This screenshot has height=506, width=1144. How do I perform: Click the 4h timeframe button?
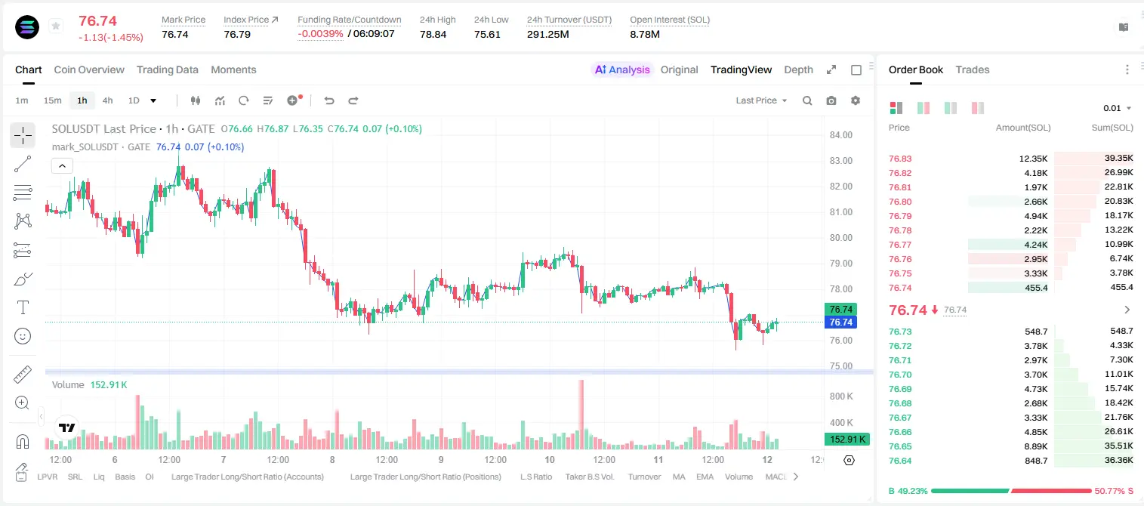point(107,100)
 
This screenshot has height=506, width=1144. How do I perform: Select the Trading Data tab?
point(168,69)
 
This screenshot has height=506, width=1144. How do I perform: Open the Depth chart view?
point(798,69)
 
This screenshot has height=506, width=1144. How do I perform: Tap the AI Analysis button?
point(622,69)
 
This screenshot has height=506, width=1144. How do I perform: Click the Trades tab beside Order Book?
point(973,69)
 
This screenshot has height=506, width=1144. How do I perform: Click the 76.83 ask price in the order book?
point(900,159)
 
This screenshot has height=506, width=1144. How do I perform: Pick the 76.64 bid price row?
point(900,461)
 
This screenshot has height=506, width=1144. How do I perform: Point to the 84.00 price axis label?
point(841,134)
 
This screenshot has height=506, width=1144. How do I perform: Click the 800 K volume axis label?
point(841,396)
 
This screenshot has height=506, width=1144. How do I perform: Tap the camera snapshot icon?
point(831,100)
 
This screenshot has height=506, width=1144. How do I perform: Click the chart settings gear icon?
point(856,100)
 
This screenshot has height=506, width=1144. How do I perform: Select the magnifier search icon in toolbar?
point(807,100)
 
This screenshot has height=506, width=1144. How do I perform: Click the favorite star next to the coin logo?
point(56,26)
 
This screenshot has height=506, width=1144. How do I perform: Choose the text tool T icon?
point(23,307)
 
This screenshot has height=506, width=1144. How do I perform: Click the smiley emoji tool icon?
point(23,336)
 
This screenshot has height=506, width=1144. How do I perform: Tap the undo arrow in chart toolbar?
point(329,100)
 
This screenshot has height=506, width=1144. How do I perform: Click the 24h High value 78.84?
point(433,34)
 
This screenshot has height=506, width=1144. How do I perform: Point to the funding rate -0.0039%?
point(320,34)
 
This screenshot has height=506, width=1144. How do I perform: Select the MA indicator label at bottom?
point(679,477)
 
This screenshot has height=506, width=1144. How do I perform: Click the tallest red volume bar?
point(581,415)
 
